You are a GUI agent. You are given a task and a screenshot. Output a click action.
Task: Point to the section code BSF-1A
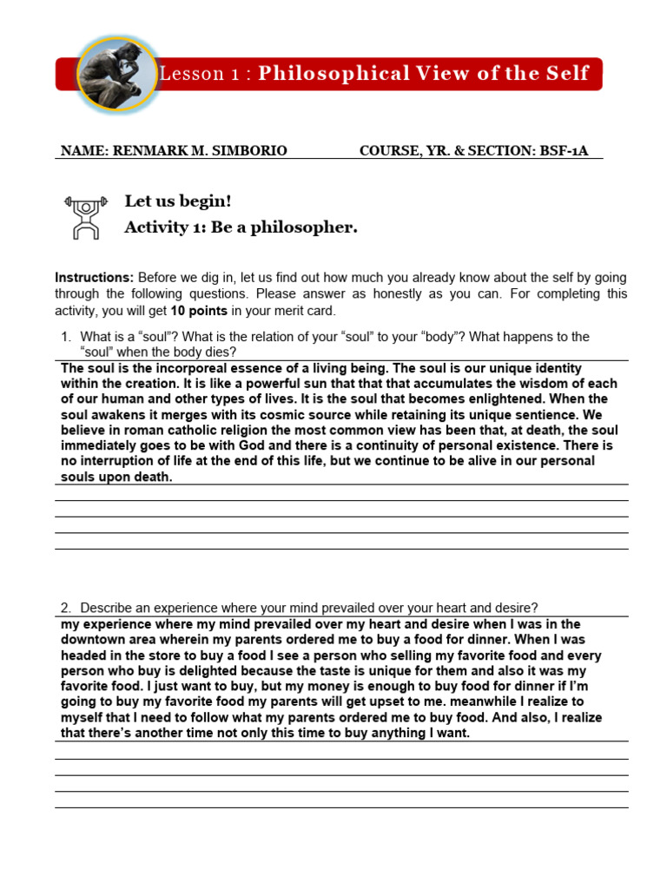564,151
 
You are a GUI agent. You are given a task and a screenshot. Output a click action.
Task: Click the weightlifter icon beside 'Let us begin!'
83,216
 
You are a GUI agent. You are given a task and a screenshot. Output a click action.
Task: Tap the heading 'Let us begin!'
178,201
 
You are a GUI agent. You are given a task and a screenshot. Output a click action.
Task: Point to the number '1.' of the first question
65,337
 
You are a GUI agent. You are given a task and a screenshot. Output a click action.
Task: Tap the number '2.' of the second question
65,608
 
